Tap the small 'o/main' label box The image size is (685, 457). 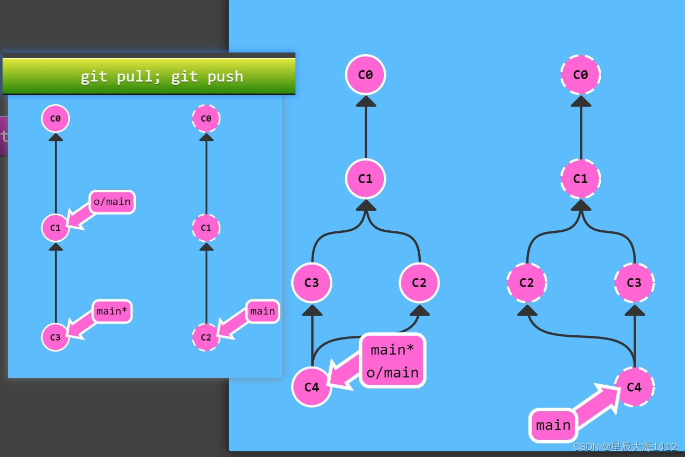tap(112, 202)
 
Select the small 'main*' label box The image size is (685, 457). tap(112, 311)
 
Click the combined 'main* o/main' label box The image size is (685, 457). tap(393, 361)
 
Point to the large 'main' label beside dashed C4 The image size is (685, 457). tap(553, 425)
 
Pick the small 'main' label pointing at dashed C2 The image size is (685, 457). tap(263, 311)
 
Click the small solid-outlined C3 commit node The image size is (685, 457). tap(56, 337)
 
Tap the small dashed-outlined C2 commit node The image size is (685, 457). tap(206, 337)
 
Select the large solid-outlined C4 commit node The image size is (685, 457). tap(312, 387)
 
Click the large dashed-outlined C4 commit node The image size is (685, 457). tap(634, 387)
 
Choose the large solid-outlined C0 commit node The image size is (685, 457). tap(366, 74)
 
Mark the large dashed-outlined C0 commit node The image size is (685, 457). tap(580, 74)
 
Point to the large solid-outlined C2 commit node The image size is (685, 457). tap(419, 282)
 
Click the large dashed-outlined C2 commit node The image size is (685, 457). tap(527, 282)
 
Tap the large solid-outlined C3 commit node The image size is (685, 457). tap(312, 282)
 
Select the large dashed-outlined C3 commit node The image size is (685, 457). tap(634, 282)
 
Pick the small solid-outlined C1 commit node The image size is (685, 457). tap(56, 228)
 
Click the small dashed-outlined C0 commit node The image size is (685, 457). tap(206, 119)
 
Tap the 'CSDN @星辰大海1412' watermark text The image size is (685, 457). tap(625, 447)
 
